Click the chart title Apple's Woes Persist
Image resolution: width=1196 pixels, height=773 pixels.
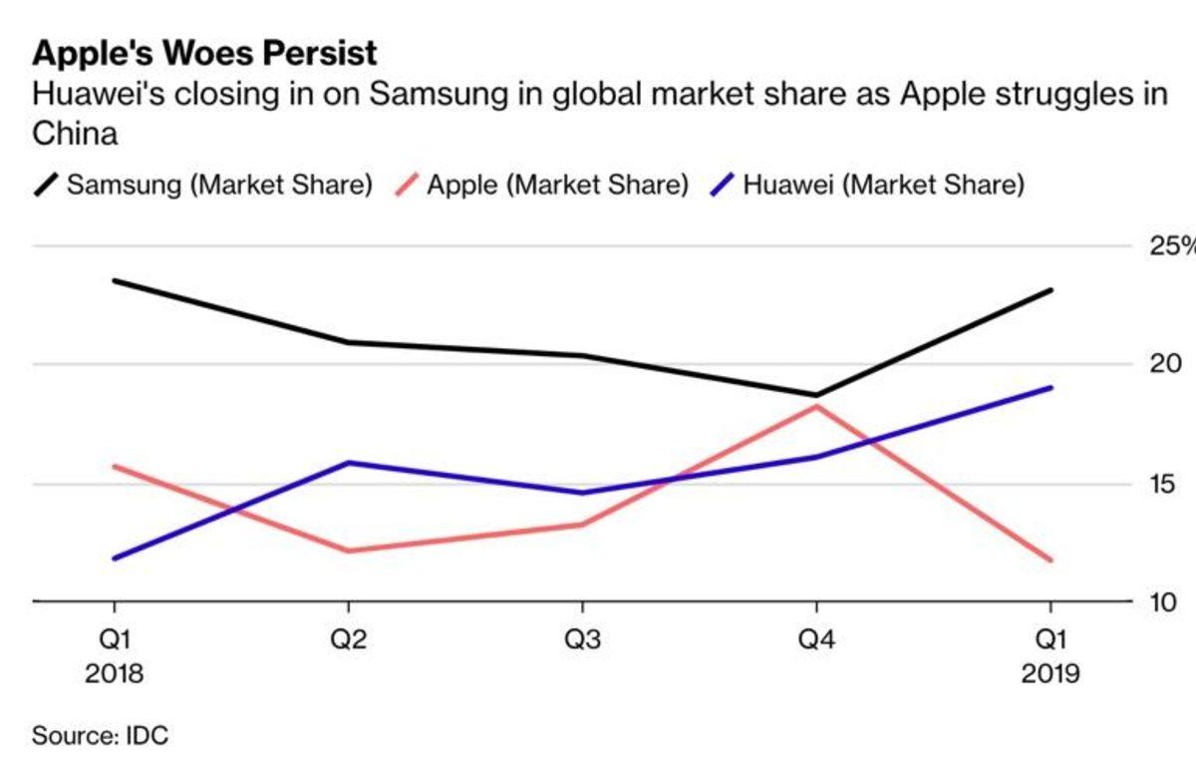tap(205, 53)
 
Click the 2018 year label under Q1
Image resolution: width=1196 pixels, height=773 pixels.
tap(114, 674)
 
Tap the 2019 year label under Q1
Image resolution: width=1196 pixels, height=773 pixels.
tap(1050, 674)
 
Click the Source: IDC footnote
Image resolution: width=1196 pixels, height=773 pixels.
tap(101, 737)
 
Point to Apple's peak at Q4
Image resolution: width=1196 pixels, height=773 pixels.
tap(816, 407)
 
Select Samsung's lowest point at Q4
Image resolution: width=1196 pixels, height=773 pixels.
tap(816, 395)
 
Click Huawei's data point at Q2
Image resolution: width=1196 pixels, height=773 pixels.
tap(348, 463)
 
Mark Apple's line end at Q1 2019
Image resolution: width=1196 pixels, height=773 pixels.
tap(1050, 560)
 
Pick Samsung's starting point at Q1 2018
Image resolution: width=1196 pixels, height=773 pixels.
tap(114, 280)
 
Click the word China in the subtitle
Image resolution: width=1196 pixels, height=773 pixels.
tap(75, 134)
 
